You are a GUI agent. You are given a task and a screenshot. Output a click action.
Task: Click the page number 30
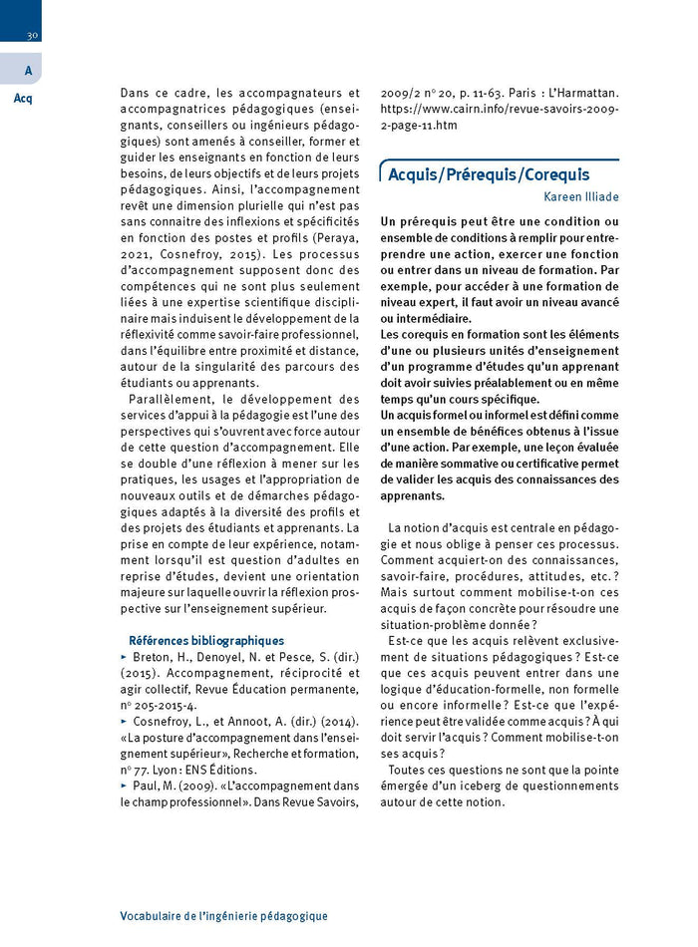tap(32, 35)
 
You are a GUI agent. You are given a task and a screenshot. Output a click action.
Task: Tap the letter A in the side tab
tap(28, 70)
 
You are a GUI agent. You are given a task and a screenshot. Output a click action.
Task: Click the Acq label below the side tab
tap(24, 99)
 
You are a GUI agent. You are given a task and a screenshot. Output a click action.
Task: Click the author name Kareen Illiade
tap(580, 197)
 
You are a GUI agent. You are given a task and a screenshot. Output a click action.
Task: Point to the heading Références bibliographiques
tap(206, 641)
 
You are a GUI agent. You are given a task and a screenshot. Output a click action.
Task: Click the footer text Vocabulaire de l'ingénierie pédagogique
tap(223, 915)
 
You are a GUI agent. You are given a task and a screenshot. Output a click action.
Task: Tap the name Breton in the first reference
tap(152, 658)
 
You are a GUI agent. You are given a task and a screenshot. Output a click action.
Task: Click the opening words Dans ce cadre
tap(156, 92)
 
